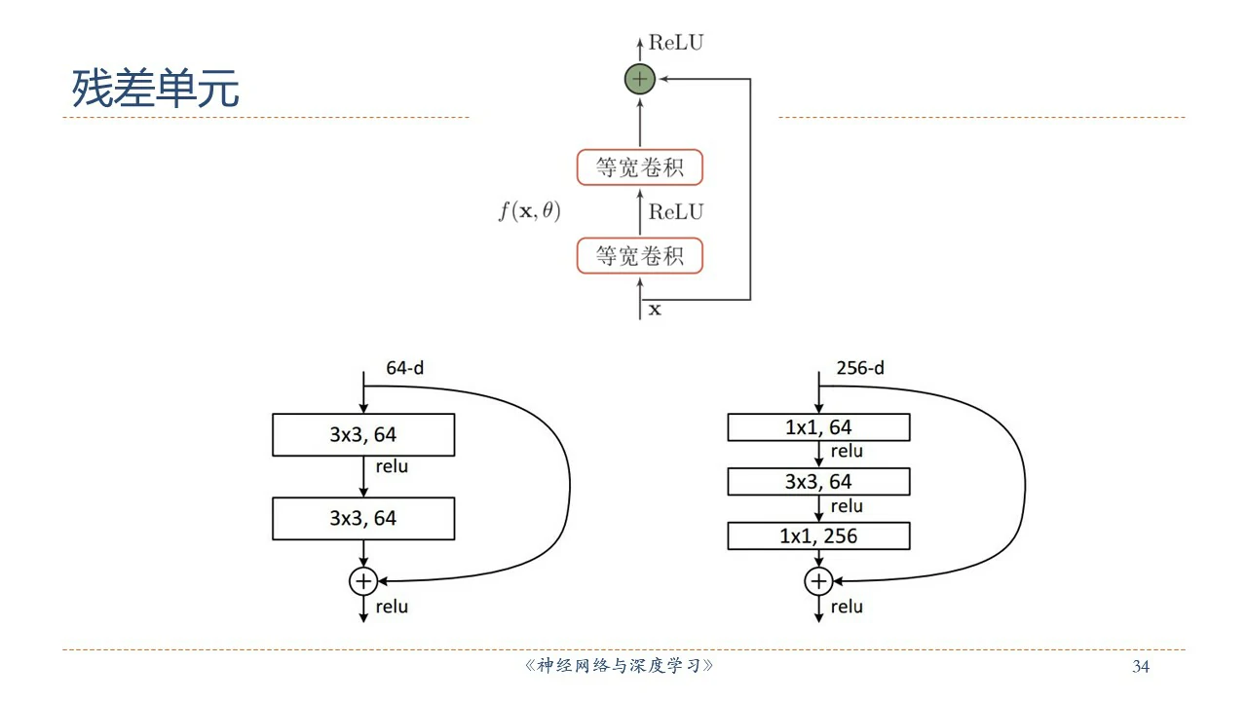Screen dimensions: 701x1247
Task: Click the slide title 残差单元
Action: pos(155,90)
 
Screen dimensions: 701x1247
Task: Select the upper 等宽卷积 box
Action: pos(639,167)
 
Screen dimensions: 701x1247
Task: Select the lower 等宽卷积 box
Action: pos(639,256)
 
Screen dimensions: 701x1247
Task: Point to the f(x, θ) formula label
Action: pos(529,211)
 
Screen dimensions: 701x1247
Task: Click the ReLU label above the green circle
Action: pos(675,42)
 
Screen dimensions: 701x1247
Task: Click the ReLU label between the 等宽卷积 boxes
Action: pos(675,212)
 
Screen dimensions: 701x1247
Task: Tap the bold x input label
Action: pos(655,310)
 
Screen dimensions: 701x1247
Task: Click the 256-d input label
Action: pos(860,368)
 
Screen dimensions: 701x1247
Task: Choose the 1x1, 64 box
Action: pos(818,427)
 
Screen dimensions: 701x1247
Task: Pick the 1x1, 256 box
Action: pos(818,535)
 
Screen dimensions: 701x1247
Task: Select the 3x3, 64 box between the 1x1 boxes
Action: pos(818,482)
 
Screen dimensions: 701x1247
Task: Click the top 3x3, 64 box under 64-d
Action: pos(363,435)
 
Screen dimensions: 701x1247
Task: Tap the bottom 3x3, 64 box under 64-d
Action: pos(363,518)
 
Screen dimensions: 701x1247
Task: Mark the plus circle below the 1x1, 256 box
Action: pos(818,581)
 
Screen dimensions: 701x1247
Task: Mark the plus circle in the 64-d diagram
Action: pos(363,581)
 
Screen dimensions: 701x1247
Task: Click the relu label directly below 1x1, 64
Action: pos(847,452)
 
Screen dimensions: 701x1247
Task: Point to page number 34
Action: pos(1141,667)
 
